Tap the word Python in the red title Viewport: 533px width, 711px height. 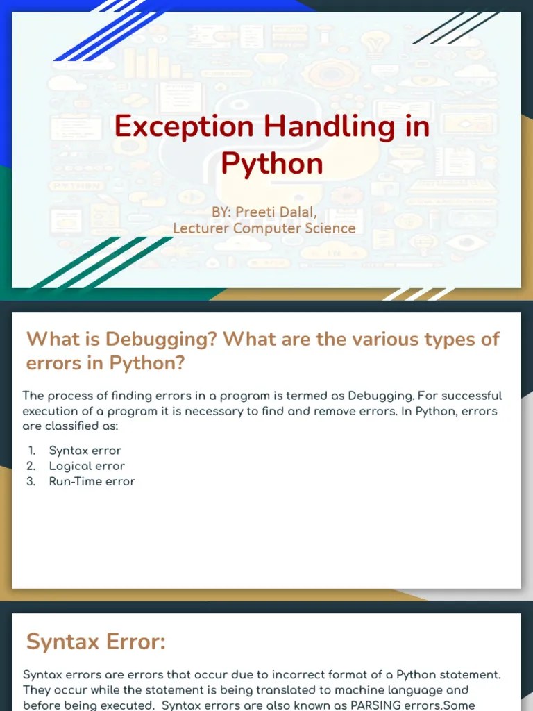(x=272, y=164)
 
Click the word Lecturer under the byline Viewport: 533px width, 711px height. (x=201, y=228)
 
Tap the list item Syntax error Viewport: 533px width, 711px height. (x=85, y=451)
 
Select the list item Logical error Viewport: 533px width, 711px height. (x=87, y=466)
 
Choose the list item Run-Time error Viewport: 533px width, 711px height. (x=92, y=481)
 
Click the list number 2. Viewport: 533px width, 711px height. (x=31, y=466)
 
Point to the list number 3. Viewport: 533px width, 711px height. (x=31, y=481)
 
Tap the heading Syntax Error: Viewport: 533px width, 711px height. (x=96, y=642)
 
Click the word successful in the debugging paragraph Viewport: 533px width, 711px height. (x=467, y=396)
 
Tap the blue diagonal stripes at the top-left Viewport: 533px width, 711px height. (x=104, y=31)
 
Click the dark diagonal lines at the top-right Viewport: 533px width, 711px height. (x=455, y=28)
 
